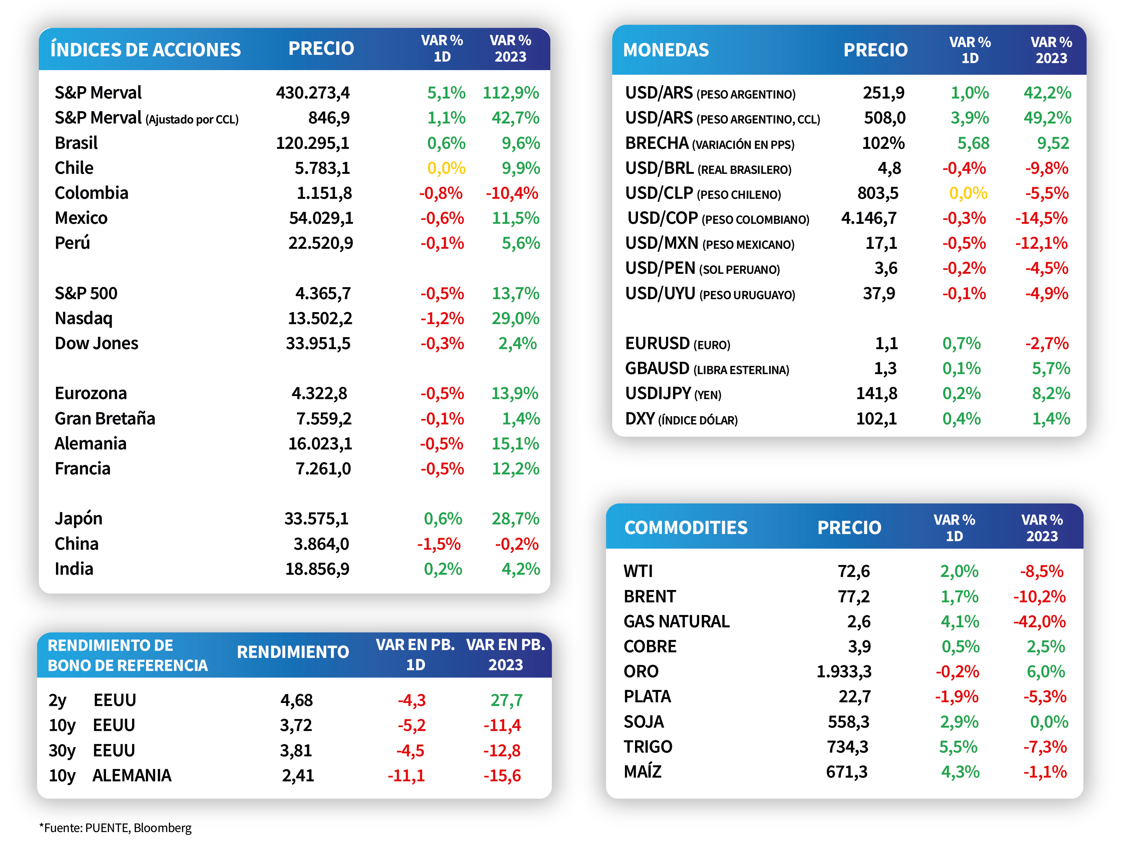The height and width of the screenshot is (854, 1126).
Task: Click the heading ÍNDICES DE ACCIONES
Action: pyautogui.click(x=146, y=49)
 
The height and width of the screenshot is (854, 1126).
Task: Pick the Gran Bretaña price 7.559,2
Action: pyautogui.click(x=324, y=419)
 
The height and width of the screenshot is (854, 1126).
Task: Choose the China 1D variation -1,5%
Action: pyautogui.click(x=439, y=544)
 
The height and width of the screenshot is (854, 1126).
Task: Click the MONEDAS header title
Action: pyautogui.click(x=666, y=50)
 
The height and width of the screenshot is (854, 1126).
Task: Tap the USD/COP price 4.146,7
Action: pyautogui.click(x=869, y=218)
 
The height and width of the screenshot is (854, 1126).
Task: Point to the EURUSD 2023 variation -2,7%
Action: pyautogui.click(x=1047, y=343)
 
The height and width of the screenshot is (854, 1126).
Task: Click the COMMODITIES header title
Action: pyautogui.click(x=686, y=528)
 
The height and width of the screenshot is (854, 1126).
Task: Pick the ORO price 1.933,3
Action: pyautogui.click(x=844, y=672)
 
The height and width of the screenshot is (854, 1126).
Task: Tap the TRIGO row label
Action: pyautogui.click(x=648, y=747)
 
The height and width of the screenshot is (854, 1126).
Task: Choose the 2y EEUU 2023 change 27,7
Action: pyautogui.click(x=507, y=701)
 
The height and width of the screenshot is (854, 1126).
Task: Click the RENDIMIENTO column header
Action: pyautogui.click(x=293, y=652)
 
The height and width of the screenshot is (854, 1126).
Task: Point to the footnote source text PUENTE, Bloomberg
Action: pyautogui.click(x=138, y=828)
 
